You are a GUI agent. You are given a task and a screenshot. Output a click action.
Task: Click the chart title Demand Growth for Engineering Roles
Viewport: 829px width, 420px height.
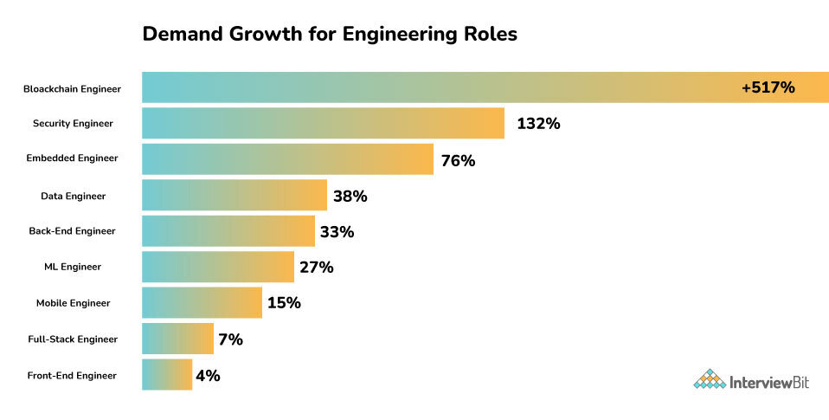(329, 35)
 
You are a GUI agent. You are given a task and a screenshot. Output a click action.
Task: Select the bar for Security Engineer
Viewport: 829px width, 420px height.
(322, 124)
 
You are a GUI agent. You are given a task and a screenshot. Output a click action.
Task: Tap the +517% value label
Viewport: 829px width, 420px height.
(768, 87)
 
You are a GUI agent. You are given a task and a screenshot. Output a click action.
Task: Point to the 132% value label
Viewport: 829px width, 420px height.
(538, 124)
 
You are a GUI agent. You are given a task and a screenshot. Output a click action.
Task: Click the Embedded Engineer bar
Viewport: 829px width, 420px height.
(286, 159)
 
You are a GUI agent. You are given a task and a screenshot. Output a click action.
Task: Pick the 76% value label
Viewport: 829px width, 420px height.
(458, 160)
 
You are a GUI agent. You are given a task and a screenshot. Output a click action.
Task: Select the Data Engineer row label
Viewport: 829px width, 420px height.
(73, 196)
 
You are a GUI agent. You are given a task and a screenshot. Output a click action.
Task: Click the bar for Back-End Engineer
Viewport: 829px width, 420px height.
(228, 231)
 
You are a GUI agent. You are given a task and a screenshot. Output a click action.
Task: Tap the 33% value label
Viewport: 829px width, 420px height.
(337, 232)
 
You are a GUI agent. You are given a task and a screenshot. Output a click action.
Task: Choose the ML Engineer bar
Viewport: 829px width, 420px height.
(217, 267)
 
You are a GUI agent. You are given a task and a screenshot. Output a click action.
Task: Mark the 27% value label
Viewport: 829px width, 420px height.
(316, 268)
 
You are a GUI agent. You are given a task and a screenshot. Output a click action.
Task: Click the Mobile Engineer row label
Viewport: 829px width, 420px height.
(73, 303)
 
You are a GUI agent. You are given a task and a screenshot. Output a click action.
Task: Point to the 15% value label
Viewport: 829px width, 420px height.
(283, 303)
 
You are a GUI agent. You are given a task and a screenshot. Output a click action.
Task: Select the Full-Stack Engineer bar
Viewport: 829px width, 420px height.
(177, 339)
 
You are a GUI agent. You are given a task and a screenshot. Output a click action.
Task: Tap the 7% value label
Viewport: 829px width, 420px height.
(230, 339)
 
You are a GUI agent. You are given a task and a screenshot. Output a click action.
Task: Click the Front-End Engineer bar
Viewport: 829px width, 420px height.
(166, 374)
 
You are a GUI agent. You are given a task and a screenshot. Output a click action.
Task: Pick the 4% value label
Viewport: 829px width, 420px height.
(208, 376)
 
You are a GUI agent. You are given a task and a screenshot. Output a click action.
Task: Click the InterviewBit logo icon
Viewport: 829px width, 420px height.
(710, 380)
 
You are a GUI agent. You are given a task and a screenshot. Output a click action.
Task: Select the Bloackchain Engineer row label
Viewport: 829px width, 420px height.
(72, 88)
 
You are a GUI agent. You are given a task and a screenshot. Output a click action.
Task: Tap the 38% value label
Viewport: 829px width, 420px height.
(350, 197)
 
